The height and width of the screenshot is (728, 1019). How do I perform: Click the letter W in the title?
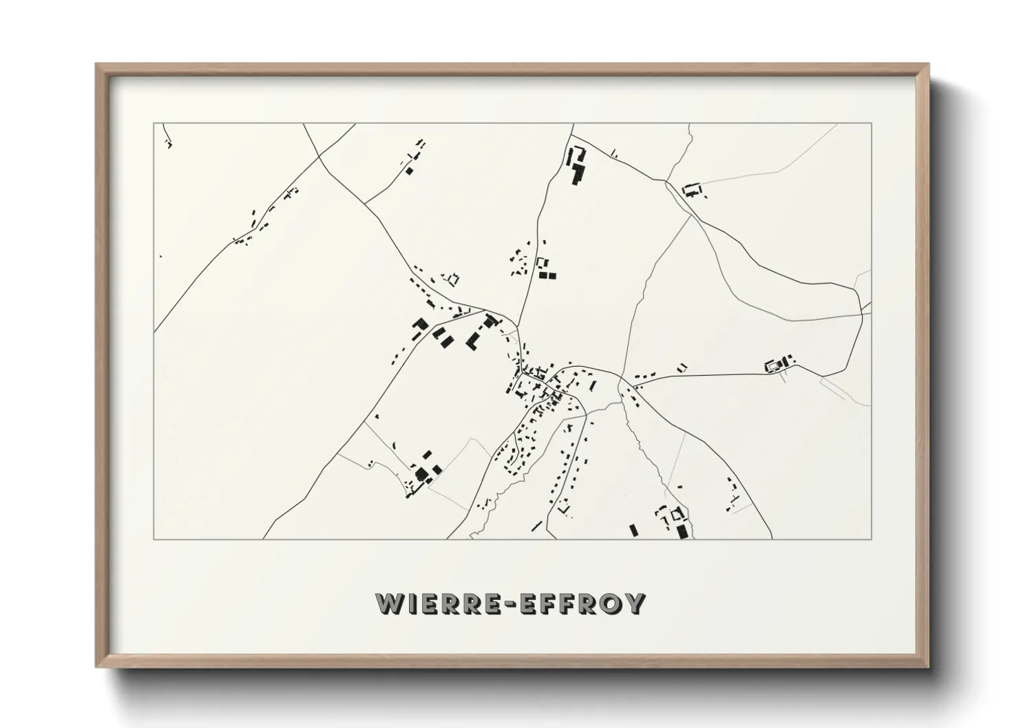click(x=390, y=603)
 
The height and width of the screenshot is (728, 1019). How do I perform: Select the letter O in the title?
click(x=607, y=603)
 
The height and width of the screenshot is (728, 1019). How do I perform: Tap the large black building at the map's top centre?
click(x=576, y=166)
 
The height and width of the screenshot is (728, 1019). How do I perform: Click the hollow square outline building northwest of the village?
click(x=452, y=279)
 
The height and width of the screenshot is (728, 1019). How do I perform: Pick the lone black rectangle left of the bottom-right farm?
click(x=633, y=530)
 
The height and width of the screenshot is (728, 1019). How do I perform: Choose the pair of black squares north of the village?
click(x=547, y=275)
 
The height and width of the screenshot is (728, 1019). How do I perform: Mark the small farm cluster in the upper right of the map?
click(x=692, y=189)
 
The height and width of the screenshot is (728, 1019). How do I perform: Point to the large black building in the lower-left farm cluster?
click(x=421, y=473)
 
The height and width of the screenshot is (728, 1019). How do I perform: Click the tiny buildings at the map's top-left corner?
click(x=168, y=144)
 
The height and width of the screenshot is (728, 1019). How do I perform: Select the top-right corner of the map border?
click(x=872, y=123)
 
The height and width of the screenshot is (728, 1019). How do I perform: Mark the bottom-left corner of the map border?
click(x=154, y=539)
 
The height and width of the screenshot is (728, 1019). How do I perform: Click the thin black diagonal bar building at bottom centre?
click(x=537, y=525)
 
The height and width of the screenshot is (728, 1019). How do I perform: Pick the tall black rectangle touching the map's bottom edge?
click(x=682, y=531)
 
